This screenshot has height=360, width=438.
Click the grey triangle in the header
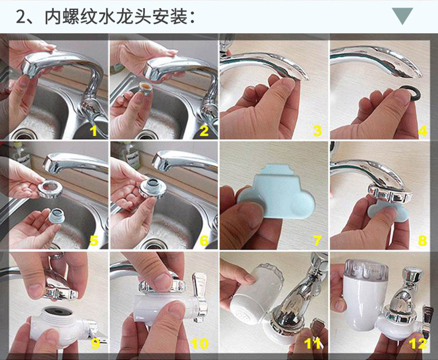(x=403, y=15)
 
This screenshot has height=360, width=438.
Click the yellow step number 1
(x=93, y=130)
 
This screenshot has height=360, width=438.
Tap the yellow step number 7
(x=317, y=240)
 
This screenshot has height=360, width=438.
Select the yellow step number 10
(x=200, y=343)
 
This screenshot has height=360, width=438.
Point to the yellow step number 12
(x=419, y=343)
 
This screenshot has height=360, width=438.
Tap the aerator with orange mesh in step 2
(x=145, y=87)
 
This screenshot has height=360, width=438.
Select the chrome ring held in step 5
(x=50, y=188)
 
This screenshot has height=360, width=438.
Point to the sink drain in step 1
(x=24, y=135)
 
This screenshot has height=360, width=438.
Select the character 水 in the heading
(x=108, y=17)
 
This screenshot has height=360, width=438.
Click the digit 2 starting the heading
(x=21, y=17)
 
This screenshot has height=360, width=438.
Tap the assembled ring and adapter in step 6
(x=153, y=187)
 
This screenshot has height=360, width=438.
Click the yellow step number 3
(x=317, y=130)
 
